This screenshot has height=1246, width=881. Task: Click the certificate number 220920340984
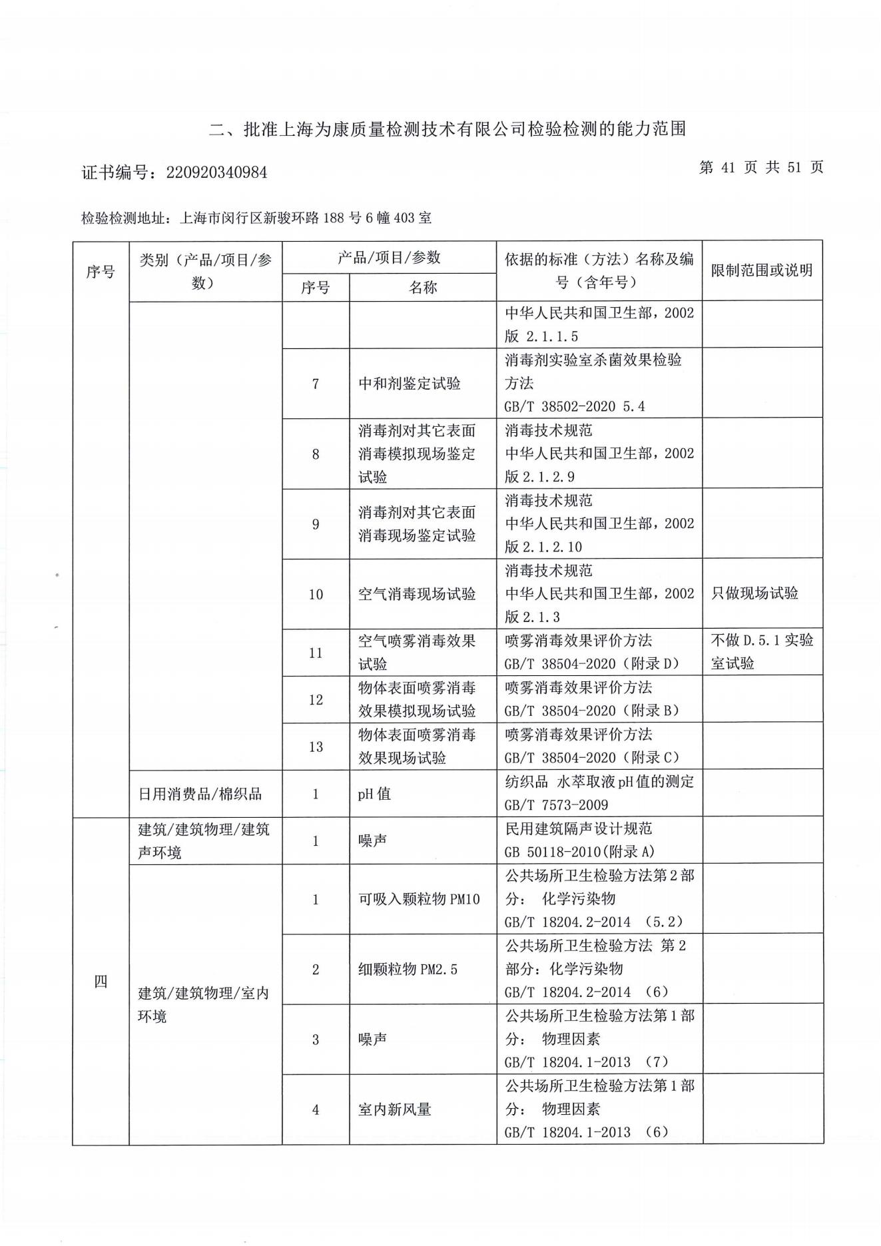216,172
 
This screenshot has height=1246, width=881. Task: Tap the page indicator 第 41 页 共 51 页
761,167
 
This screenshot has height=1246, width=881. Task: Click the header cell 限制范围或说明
762,270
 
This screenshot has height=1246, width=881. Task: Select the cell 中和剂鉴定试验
410,384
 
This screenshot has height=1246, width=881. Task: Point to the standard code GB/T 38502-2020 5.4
574,406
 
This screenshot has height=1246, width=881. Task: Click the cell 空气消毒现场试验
417,594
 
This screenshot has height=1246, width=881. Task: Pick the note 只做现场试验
754,593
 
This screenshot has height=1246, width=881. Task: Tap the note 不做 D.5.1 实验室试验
762,652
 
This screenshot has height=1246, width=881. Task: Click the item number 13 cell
316,747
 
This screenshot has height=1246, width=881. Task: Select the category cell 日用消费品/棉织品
200,794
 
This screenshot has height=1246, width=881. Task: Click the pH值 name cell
374,794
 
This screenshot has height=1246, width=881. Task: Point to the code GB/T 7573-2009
556,805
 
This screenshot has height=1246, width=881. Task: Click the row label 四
101,981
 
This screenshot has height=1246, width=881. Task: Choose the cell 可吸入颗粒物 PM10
419,899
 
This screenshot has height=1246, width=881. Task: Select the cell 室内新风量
395,1109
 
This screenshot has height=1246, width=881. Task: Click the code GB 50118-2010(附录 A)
579,852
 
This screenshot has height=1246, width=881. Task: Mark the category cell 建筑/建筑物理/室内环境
203,1005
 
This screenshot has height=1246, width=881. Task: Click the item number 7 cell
316,384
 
